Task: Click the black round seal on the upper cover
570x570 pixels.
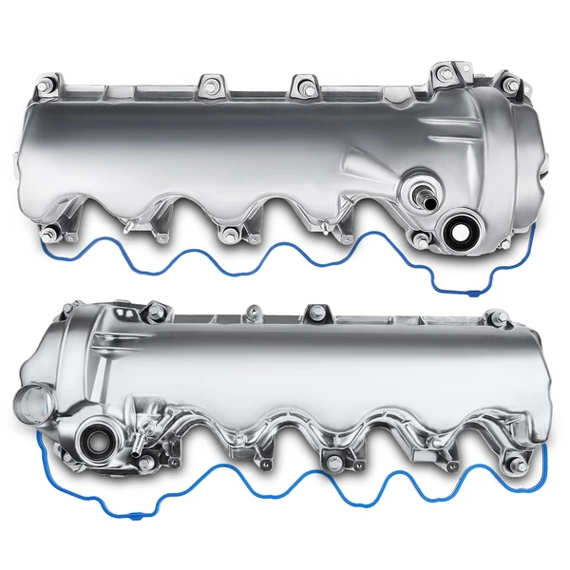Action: pos(459,231)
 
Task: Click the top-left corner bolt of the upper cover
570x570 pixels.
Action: pos(45,91)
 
